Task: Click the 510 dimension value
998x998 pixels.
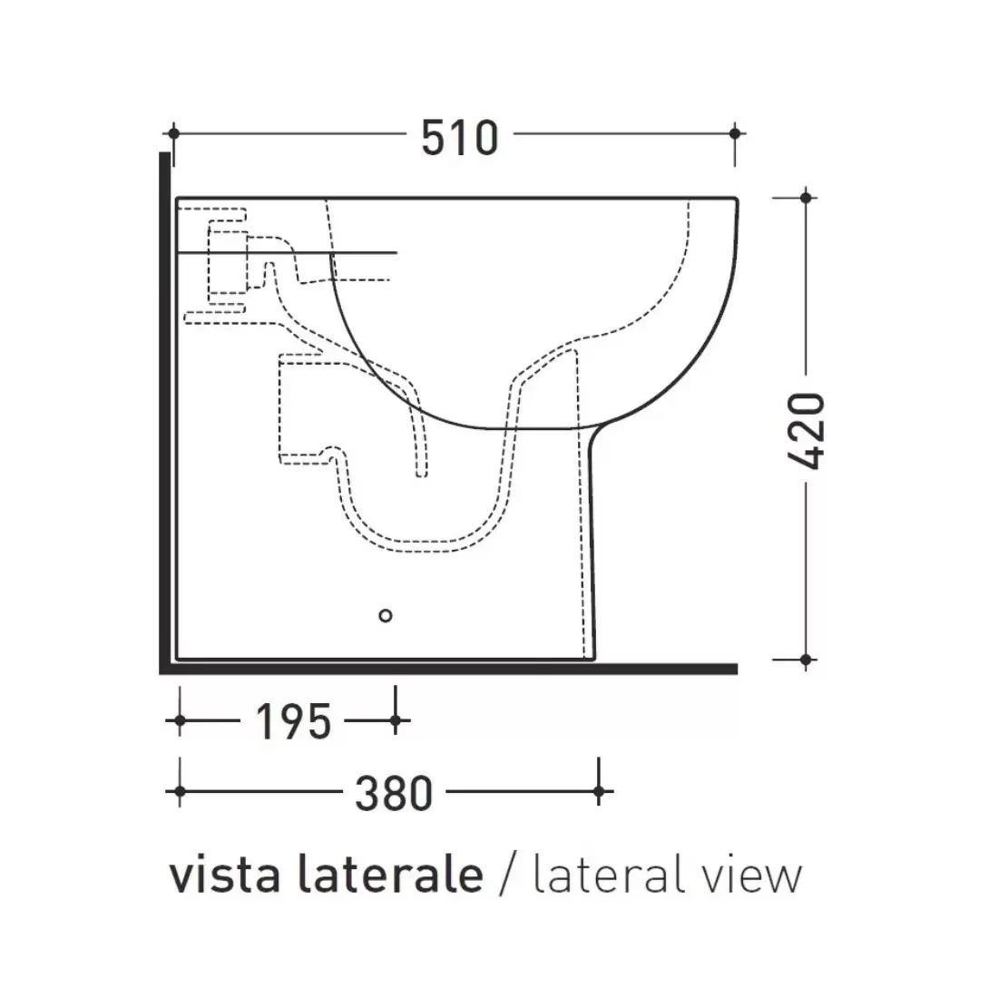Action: coord(460,138)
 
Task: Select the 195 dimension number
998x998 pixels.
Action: coord(292,722)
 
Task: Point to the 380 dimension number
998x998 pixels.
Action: coord(394,794)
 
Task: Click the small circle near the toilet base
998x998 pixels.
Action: coord(386,616)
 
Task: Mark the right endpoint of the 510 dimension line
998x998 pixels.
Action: coord(735,132)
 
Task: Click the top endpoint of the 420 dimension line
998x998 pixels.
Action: coord(806,197)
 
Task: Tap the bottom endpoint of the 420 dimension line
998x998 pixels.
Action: coord(806,659)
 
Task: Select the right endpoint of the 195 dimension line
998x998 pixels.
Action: coord(395,721)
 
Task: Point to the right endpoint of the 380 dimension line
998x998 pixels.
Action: coord(599,793)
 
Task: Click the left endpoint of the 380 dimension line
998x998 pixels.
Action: coord(180,793)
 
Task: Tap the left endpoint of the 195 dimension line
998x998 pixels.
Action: coord(180,721)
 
